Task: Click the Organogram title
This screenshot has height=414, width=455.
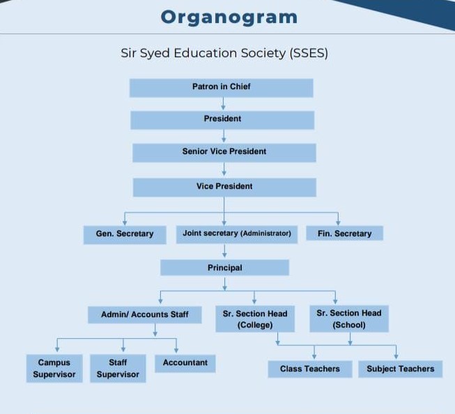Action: (x=229, y=17)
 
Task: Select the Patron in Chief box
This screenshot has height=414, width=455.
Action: (x=221, y=87)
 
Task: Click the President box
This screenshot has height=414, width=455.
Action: (x=222, y=119)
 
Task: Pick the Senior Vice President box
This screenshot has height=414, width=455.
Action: (x=224, y=152)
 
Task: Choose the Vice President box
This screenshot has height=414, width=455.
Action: (x=224, y=187)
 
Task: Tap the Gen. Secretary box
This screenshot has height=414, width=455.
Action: (x=125, y=234)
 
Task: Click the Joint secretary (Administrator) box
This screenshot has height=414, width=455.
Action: (x=236, y=233)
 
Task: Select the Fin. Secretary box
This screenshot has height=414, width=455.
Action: (x=344, y=233)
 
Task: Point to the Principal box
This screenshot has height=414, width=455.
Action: (x=224, y=268)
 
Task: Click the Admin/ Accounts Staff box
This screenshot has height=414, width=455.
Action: (x=145, y=314)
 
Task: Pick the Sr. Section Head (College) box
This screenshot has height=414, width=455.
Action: (x=255, y=319)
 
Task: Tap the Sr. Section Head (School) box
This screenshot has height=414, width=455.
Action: (x=349, y=319)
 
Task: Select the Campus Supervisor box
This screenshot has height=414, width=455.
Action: (x=54, y=369)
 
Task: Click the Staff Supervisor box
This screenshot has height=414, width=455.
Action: (x=118, y=369)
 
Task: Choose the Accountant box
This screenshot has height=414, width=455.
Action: (x=185, y=363)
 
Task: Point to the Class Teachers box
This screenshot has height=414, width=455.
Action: (x=310, y=369)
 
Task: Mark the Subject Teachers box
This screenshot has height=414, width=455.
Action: (x=400, y=369)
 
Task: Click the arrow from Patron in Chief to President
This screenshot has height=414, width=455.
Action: (x=223, y=104)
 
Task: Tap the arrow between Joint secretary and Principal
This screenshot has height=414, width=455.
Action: (x=224, y=251)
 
